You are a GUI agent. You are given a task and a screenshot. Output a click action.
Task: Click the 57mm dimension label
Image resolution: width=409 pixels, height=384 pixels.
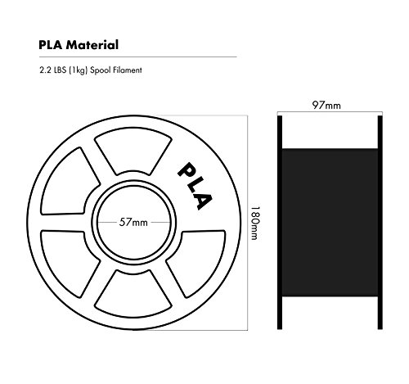point(133,223)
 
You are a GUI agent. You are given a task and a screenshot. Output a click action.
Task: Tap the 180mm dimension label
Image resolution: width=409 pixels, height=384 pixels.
point(255,223)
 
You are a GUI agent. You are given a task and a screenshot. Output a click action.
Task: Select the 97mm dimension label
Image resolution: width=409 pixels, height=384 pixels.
point(326,105)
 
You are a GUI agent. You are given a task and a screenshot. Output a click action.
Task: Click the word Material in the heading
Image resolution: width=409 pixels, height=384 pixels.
point(92,45)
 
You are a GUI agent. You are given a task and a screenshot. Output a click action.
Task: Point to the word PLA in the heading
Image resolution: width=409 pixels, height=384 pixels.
point(51,45)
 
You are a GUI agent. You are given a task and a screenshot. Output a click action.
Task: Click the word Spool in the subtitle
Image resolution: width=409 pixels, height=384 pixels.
point(101,70)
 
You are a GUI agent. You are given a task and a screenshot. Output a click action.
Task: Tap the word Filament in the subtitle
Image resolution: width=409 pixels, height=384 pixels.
point(128,70)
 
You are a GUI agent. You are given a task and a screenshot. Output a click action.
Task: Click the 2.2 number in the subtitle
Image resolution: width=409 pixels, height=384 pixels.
point(45,70)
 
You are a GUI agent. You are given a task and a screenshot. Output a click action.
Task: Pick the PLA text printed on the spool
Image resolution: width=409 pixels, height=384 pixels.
point(195,187)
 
